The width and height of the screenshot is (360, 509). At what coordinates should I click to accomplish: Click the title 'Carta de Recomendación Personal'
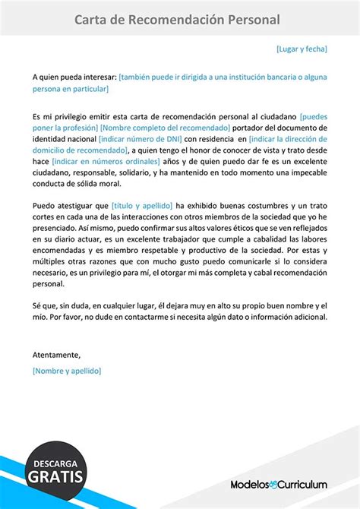pyautogui.click(x=177, y=20)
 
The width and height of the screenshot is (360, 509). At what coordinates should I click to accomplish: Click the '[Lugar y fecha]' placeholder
pyautogui.click(x=302, y=49)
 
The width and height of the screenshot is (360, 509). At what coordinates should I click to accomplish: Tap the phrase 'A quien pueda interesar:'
pyautogui.click(x=74, y=77)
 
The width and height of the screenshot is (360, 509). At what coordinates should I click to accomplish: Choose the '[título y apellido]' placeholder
pyautogui.click(x=141, y=206)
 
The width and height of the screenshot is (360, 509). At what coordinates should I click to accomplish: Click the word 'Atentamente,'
pyautogui.click(x=56, y=354)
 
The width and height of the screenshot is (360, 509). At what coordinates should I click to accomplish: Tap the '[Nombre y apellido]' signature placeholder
pyautogui.click(x=67, y=370)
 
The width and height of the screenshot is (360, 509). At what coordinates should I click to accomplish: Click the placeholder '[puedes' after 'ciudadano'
pyautogui.click(x=314, y=116)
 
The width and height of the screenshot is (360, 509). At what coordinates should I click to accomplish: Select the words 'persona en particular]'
pyautogui.click(x=71, y=89)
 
